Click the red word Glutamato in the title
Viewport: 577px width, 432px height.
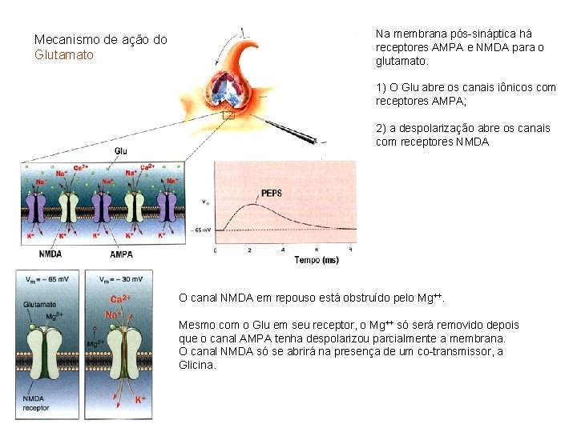[64, 54]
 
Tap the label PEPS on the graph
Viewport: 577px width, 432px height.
[272, 193]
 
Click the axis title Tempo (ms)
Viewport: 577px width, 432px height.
[316, 259]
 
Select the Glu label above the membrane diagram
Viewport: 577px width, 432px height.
[120, 150]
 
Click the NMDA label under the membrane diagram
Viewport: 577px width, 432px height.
[50, 254]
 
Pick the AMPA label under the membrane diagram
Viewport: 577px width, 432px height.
[121, 254]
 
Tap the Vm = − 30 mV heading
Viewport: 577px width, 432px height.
[121, 279]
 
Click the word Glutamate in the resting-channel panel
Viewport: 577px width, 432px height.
[40, 304]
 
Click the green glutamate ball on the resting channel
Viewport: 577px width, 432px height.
[32, 327]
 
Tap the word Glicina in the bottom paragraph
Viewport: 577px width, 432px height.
[197, 365]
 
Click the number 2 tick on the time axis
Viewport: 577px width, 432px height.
[249, 250]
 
